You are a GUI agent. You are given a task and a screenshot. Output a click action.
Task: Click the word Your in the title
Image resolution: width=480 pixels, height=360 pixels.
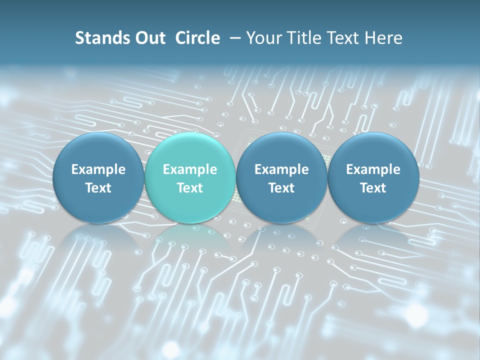coord(264,38)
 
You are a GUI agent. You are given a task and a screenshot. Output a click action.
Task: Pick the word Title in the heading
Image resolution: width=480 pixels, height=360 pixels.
coord(304,38)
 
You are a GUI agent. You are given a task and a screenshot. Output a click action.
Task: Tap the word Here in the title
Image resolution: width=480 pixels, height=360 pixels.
coord(383,38)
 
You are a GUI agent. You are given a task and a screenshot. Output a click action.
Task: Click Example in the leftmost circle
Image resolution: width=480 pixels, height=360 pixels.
coord(98,169)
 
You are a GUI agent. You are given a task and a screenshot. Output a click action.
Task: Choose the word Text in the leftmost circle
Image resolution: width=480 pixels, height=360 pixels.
coord(98,188)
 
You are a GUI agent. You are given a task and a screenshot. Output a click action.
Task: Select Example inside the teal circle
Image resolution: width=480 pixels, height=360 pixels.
coord(190,169)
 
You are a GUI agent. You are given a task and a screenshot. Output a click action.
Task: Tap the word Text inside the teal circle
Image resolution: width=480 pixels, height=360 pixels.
coord(190,188)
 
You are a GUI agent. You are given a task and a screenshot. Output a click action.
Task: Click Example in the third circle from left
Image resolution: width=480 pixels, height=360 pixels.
coord(281,169)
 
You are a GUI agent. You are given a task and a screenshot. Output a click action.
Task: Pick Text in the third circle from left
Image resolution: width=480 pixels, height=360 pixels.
coord(281,188)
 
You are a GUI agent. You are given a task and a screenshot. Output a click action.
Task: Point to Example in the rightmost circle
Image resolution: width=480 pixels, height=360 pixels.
coord(373,169)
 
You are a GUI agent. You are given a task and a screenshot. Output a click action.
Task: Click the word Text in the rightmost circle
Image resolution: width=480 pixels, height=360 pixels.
coord(373,188)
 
